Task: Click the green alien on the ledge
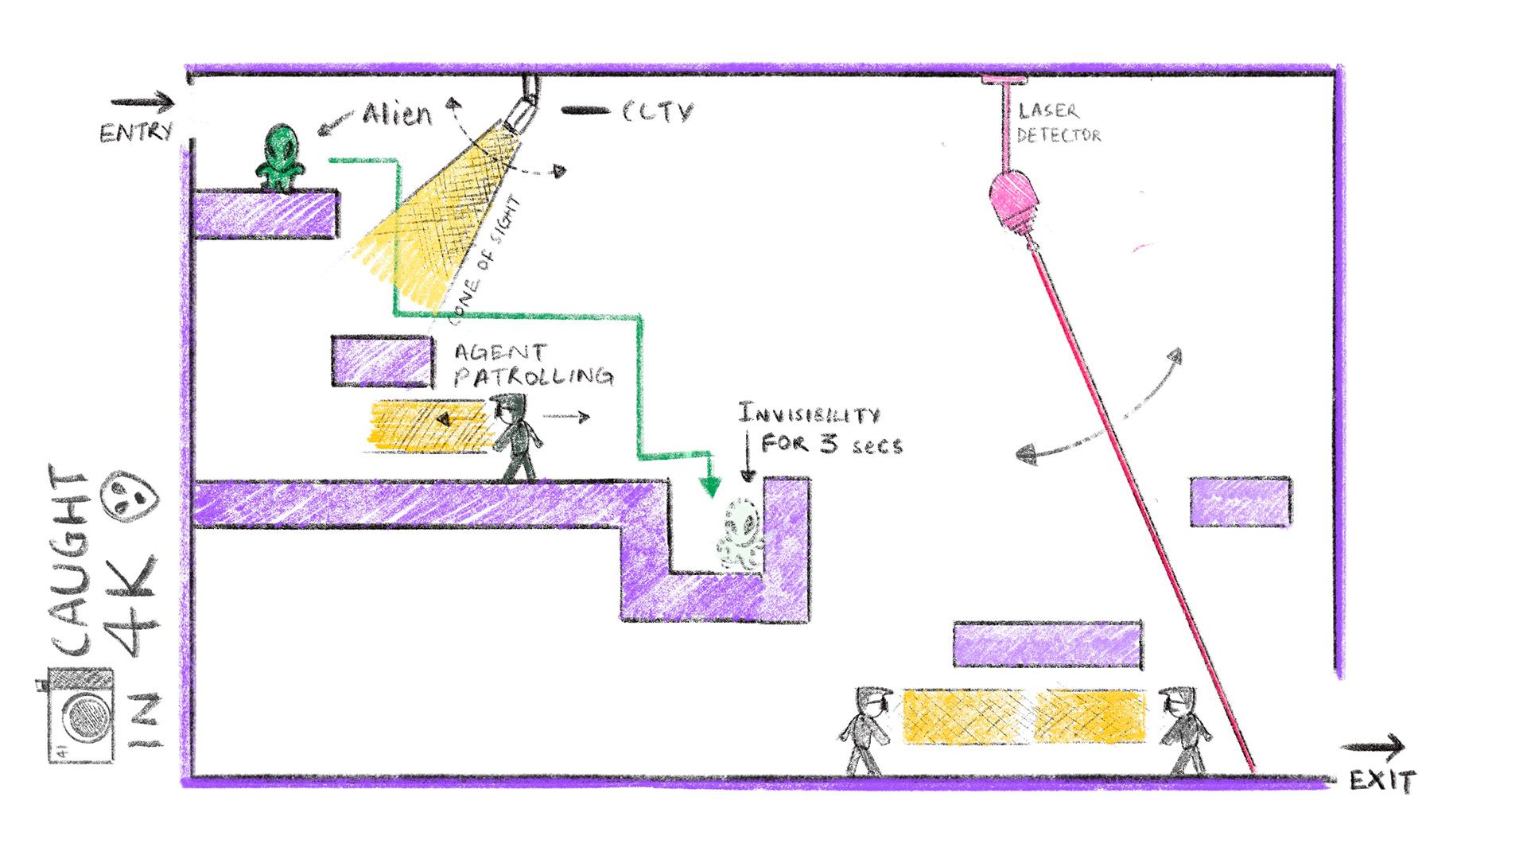click(x=280, y=157)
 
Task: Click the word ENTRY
click(x=136, y=131)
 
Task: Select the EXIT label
click(x=1382, y=780)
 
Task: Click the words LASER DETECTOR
click(x=1058, y=123)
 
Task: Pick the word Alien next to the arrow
click(x=397, y=115)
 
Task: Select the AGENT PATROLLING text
click(x=533, y=364)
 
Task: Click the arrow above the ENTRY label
click(x=142, y=102)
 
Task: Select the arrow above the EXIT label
click(x=1373, y=747)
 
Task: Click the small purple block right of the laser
click(x=1240, y=502)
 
